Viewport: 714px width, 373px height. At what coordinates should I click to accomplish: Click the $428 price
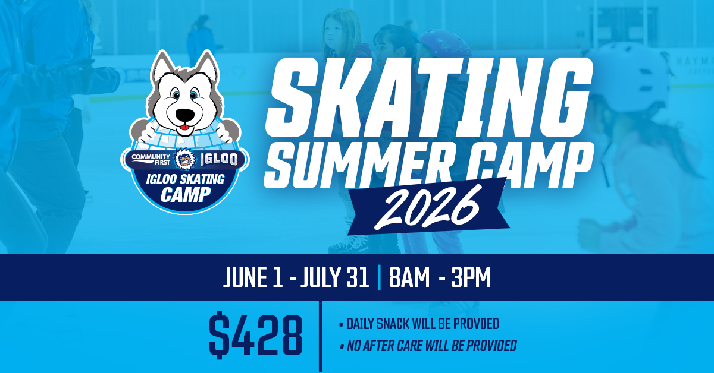tap(256, 336)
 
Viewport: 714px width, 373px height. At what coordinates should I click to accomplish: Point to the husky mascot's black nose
tap(185, 115)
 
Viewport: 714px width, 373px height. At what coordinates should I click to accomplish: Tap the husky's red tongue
tap(184, 127)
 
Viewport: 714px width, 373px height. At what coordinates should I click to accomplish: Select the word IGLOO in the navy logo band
tap(220, 159)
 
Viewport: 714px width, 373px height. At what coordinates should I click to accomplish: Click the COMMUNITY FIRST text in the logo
tap(151, 159)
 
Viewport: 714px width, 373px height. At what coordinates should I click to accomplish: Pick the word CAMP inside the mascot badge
tap(186, 194)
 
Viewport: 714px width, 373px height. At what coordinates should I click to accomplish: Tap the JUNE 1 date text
tap(252, 277)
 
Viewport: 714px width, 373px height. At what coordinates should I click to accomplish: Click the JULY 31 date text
tap(334, 277)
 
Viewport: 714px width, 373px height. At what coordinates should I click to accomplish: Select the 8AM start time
tap(409, 277)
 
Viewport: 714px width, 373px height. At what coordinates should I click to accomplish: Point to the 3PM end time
tap(471, 277)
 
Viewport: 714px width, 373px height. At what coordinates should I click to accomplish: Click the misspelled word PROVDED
tap(476, 324)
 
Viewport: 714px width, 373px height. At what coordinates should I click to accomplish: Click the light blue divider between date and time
tap(380, 277)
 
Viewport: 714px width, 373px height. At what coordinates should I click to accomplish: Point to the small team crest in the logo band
tap(186, 159)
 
